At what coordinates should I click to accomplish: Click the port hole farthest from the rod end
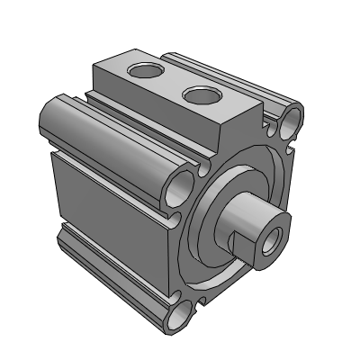coord(144,71)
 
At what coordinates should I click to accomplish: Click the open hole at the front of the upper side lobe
coord(183,186)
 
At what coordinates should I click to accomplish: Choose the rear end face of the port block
coord(102,76)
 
